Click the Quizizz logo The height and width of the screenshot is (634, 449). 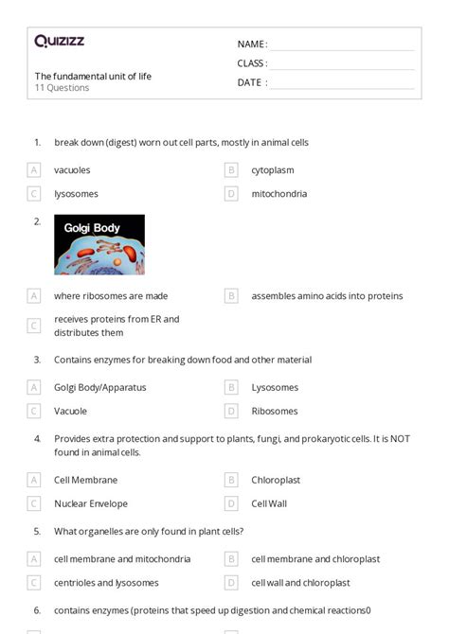point(60,41)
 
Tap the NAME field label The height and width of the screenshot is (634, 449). point(252,44)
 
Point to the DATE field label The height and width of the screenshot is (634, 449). point(252,82)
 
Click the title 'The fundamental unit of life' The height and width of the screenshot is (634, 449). point(93,76)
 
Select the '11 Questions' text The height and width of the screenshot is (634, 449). point(63,88)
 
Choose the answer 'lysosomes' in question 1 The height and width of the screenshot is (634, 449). point(76,194)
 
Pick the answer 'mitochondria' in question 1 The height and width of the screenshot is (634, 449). point(278,194)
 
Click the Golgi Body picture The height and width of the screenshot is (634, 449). point(99,244)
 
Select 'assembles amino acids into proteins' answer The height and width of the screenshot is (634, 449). point(327,296)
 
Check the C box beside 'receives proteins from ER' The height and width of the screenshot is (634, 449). point(34,326)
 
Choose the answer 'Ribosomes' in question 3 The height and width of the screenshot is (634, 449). point(275,411)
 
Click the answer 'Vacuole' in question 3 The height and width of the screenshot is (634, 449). point(70,411)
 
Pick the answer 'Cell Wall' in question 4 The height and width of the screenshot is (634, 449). point(269,503)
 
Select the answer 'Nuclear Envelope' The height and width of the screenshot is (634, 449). point(91,503)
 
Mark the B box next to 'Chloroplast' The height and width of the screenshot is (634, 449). point(231,480)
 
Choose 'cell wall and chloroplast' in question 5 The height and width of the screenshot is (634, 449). point(300,583)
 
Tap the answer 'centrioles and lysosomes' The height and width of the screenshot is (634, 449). point(106,583)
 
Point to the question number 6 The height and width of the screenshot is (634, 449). point(37,610)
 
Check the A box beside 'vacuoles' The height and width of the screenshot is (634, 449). point(34,170)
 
